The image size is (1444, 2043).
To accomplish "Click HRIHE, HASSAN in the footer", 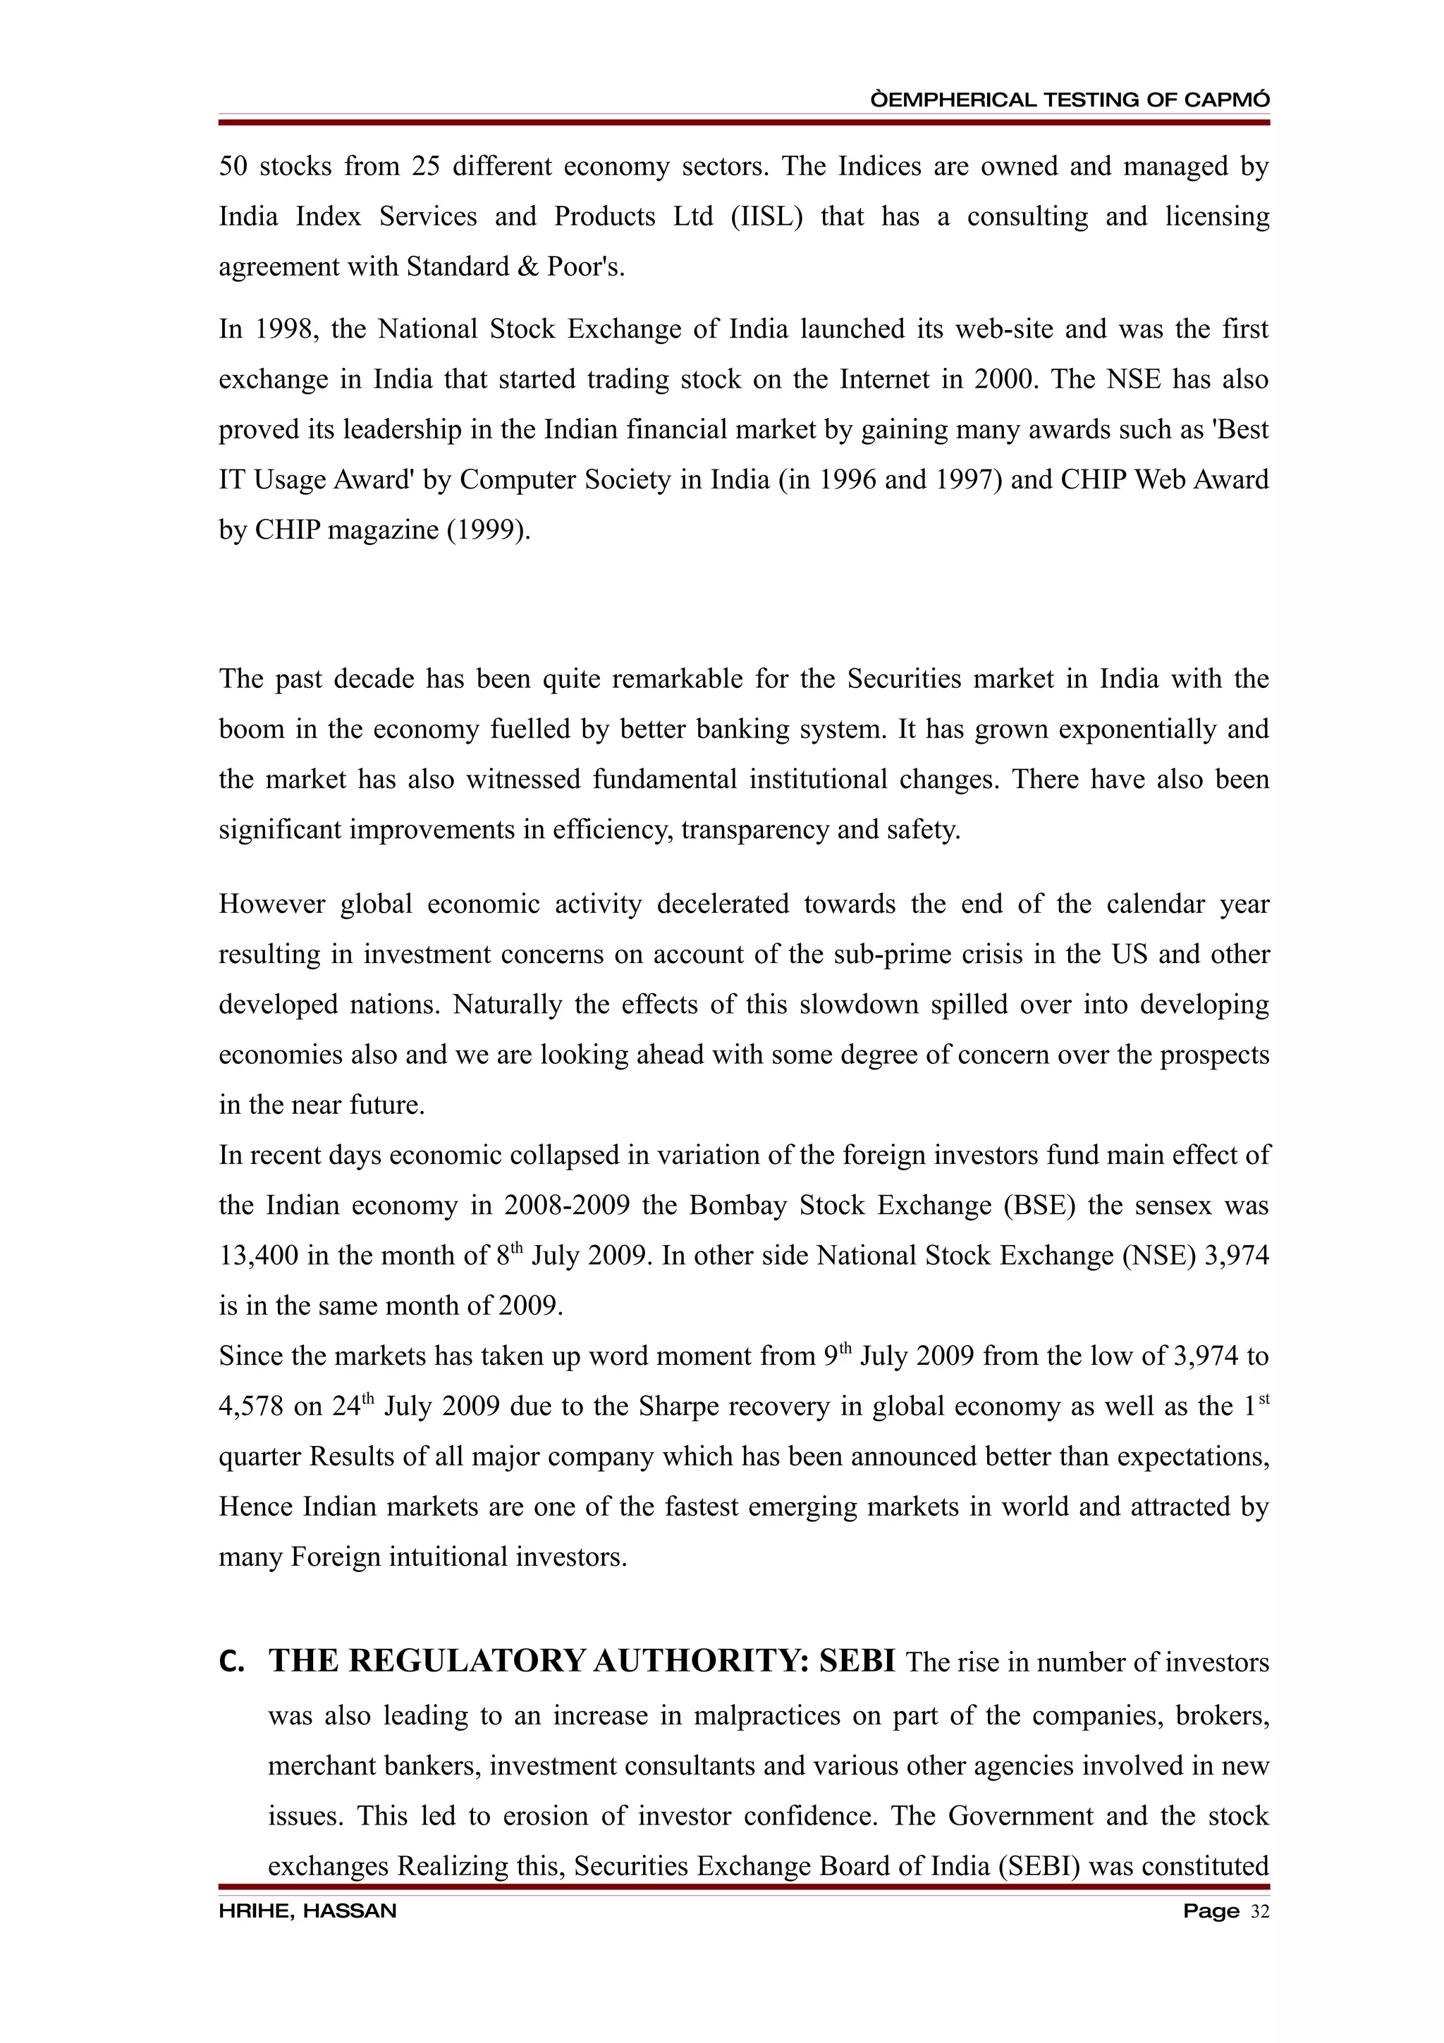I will pyautogui.click(x=308, y=1910).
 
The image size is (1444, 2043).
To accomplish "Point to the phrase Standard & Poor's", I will pyautogui.click(x=515, y=267).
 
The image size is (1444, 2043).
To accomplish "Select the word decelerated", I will pyautogui.click(x=723, y=904).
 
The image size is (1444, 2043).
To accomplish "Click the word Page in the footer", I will pyautogui.click(x=1211, y=1910).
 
